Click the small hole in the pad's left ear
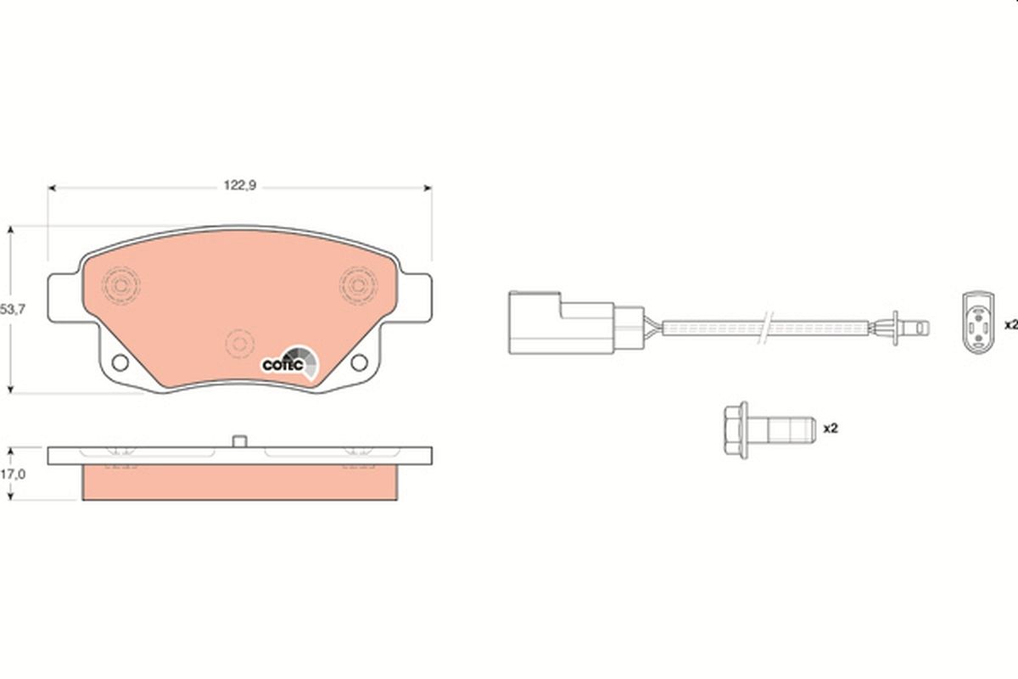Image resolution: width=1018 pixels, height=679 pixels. [x=120, y=363]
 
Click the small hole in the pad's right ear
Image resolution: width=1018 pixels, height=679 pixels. [x=360, y=363]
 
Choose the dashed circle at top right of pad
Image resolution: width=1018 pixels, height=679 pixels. [x=359, y=283]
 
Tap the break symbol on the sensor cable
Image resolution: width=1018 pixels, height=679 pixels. [x=767, y=325]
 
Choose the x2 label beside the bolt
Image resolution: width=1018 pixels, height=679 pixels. [x=831, y=429]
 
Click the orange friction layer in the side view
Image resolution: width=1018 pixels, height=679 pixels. [x=239, y=482]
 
